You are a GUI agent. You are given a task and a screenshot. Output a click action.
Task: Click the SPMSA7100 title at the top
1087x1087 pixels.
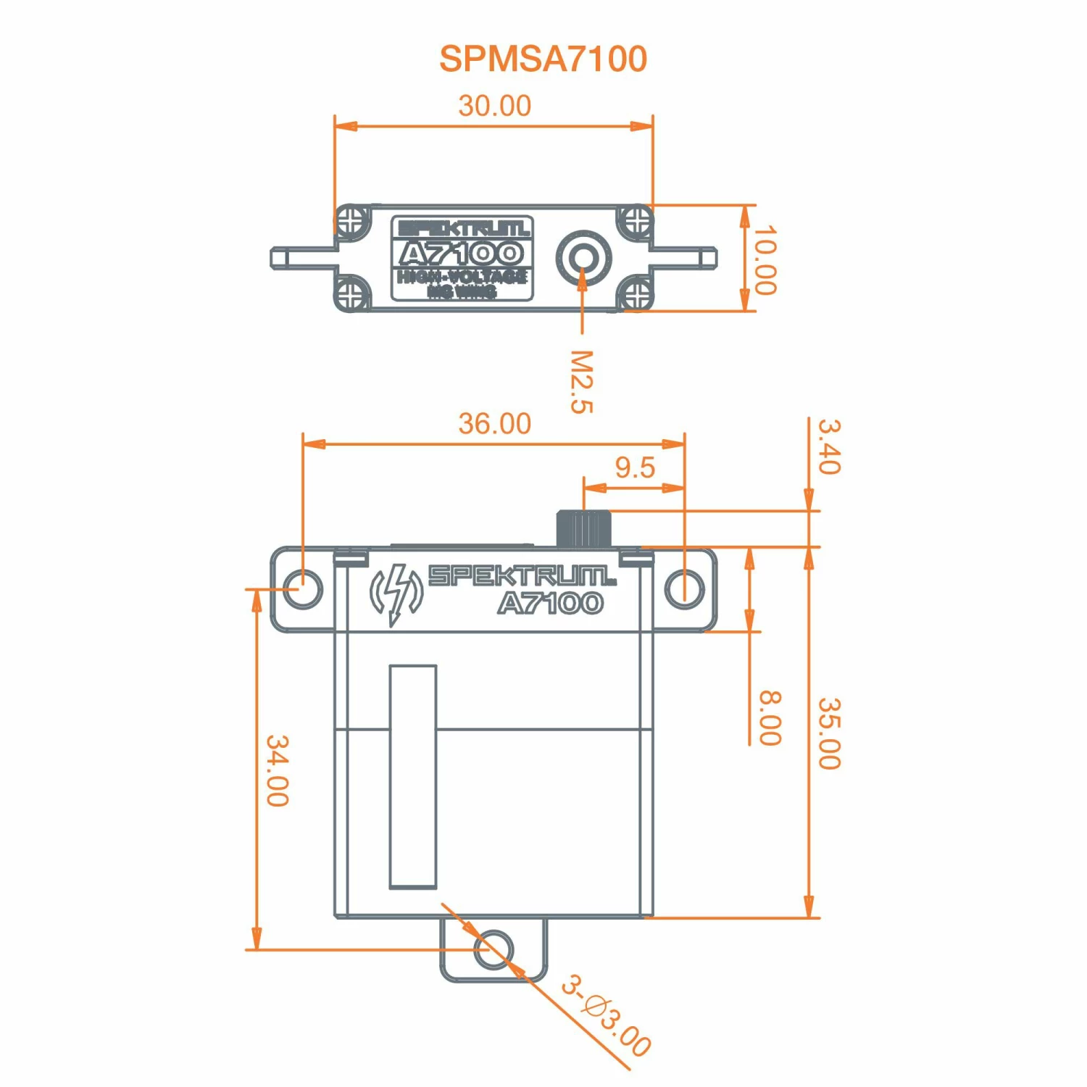[543, 59]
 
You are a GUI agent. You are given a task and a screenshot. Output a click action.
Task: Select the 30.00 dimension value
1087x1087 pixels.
[494, 106]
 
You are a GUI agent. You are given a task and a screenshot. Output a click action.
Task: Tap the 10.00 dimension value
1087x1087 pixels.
[765, 259]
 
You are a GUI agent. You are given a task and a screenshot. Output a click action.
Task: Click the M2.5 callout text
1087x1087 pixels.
[581, 382]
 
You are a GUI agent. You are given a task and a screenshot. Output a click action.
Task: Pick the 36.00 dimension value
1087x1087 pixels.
[494, 424]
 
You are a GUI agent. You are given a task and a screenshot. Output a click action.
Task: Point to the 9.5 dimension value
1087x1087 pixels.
[635, 468]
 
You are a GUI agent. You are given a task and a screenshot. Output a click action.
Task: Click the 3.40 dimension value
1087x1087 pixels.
[828, 446]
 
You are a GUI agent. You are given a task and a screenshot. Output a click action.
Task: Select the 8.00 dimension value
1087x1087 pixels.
[770, 718]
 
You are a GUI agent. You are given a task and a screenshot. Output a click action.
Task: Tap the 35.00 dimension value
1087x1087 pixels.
[828, 733]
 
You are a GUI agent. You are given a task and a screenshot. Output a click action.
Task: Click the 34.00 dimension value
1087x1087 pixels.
[278, 770]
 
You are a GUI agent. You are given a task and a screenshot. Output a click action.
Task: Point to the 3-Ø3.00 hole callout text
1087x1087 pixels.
[606, 1016]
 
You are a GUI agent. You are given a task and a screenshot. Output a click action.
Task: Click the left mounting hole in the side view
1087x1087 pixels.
[302, 588]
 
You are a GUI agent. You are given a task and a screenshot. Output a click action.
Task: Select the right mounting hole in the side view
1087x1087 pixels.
[684, 588]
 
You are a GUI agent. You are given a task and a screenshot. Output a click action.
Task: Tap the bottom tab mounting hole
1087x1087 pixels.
[493, 949]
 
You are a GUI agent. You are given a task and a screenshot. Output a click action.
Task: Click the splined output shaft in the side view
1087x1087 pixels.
[583, 529]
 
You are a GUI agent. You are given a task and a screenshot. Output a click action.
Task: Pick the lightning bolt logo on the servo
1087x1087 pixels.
[396, 594]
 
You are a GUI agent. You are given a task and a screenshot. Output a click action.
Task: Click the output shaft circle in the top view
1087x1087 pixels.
[583, 257]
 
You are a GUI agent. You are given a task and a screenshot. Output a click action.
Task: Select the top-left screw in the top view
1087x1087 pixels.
[351, 220]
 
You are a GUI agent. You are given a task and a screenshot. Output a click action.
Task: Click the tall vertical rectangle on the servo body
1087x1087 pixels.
[413, 776]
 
